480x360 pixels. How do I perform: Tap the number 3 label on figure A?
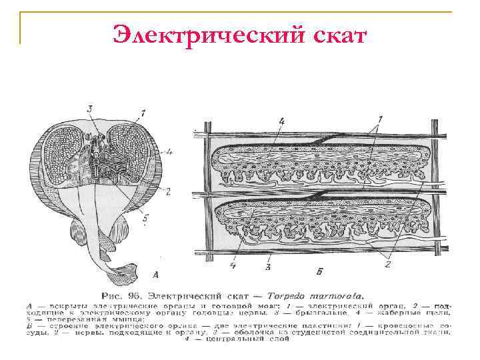pos(89,109)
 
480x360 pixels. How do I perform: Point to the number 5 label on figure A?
pos(145,215)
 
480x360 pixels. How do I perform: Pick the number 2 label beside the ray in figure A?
pos(168,192)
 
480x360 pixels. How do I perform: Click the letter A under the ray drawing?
pos(156,273)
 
